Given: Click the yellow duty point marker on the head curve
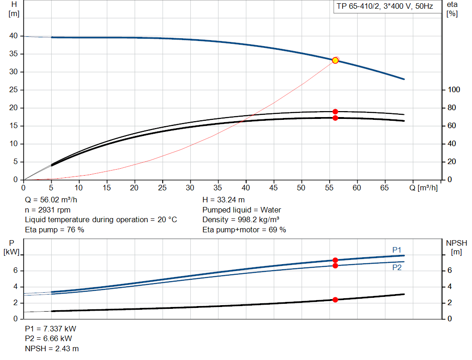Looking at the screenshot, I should (335, 60).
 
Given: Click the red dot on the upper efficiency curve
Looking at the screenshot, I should (335, 112).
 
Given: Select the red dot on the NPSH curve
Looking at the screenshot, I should (335, 300).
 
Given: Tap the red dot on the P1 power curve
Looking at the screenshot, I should (335, 260).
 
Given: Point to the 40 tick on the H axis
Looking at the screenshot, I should (13, 36).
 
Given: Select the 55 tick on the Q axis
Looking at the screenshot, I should (329, 188).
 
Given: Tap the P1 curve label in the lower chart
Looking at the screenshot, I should (397, 250).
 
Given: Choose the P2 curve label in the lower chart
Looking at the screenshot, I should (397, 267).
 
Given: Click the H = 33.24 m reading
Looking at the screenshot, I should (224, 200).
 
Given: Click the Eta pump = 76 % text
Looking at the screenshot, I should (54, 230).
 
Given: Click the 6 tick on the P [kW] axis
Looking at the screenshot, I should (15, 271).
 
